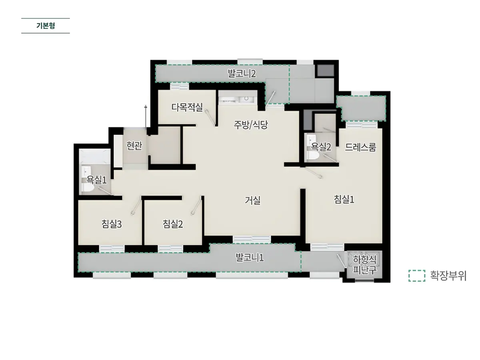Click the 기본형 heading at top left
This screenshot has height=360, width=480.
coord(46,26)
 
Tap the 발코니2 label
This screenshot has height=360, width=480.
coord(242,74)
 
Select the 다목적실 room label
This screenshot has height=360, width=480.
coord(187,107)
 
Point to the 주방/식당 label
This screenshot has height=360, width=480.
coord(251,125)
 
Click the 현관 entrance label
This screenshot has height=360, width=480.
coord(134,146)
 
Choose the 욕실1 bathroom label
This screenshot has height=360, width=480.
coord(96,180)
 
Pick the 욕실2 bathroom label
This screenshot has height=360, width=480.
coord(321,147)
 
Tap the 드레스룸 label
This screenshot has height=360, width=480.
coord(360,147)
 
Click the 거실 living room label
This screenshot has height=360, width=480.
coord(252,200)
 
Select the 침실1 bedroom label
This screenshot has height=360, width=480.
coord(344,199)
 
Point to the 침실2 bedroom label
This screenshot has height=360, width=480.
coord(172,224)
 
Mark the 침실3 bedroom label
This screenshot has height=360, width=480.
coord(112,224)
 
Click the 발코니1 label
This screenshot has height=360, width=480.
coord(250,258)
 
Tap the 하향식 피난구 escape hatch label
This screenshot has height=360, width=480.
coord(364,265)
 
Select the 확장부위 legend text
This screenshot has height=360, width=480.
coord(448,276)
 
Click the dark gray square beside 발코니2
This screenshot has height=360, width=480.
coord(326,70)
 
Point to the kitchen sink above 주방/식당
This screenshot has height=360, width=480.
coord(246,99)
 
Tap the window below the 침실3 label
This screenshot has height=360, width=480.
coord(112,249)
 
